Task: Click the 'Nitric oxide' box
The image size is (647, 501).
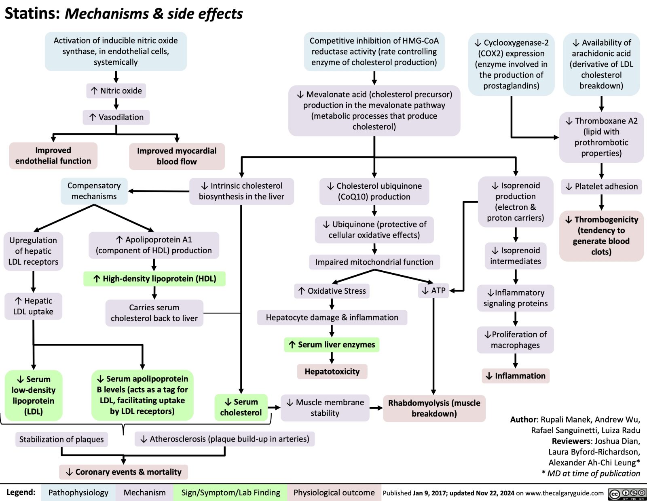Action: (x=116, y=91)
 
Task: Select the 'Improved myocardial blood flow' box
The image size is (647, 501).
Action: (x=177, y=156)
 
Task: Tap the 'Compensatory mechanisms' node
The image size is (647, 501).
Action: (x=94, y=191)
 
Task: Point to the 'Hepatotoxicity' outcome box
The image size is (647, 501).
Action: (x=332, y=371)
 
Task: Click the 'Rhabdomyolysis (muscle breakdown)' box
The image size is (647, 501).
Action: (x=434, y=408)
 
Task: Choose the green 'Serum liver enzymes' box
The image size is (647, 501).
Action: (x=332, y=345)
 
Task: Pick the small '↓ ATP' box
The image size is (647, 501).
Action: (x=433, y=290)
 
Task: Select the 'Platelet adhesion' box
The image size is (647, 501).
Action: (x=601, y=186)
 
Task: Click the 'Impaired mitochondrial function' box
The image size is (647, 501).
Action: (x=374, y=262)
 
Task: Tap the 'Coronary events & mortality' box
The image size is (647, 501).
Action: (x=124, y=472)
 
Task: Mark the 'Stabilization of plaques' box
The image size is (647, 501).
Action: (x=61, y=439)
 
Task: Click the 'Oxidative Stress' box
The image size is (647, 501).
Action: (x=332, y=291)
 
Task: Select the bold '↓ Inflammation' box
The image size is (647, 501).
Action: (x=516, y=376)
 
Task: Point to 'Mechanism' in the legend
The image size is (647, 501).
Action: (x=144, y=493)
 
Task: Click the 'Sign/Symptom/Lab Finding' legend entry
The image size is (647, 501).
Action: (x=230, y=493)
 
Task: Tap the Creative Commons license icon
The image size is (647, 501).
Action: (x=627, y=494)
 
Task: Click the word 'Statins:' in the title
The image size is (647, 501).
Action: (x=32, y=14)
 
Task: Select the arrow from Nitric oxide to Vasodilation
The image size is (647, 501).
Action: (x=116, y=104)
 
